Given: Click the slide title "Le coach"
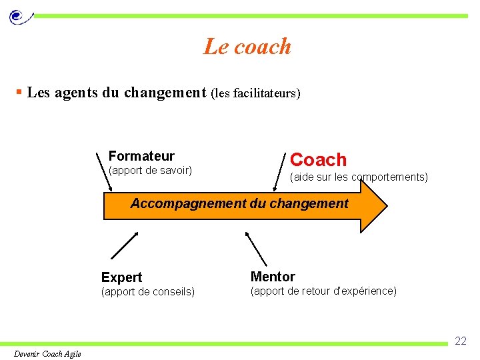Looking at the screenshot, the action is (247, 47).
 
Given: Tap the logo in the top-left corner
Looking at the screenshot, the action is (18, 15).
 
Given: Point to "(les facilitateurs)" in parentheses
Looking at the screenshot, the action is (255, 93).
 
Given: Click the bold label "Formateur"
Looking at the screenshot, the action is (141, 156).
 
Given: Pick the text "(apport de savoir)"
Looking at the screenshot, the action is (150, 171).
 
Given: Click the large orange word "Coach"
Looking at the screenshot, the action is (319, 160).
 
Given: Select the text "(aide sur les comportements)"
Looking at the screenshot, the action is (359, 177).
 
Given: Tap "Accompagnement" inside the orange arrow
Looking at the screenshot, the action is (188, 203).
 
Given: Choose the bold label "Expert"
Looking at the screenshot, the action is (121, 277).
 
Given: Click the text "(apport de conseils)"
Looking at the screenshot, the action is (147, 291).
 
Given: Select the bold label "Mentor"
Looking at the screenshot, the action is (273, 277).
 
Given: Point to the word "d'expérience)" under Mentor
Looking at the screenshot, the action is (364, 291).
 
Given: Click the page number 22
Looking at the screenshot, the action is (461, 341).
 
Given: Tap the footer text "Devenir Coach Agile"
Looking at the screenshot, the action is (47, 353).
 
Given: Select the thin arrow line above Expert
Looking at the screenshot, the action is (124, 245).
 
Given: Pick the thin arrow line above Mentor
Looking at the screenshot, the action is (256, 249).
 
